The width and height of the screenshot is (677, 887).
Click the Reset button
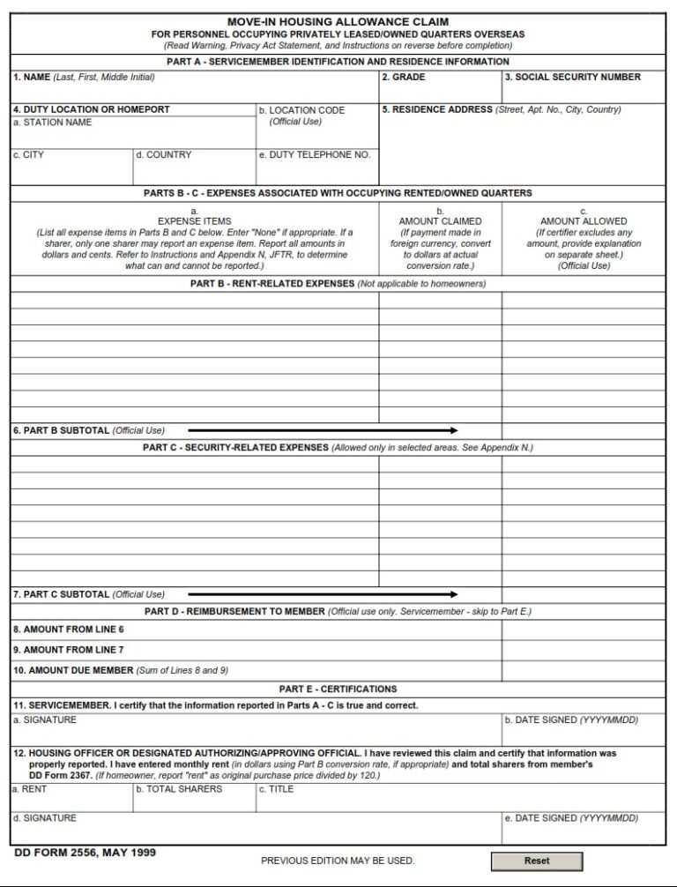(x=536, y=861)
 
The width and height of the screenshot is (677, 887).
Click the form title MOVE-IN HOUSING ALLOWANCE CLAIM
(x=338, y=21)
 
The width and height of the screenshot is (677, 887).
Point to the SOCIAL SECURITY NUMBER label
(x=573, y=78)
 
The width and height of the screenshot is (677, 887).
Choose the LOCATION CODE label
(x=301, y=110)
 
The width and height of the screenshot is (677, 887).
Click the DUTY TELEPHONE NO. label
(x=314, y=155)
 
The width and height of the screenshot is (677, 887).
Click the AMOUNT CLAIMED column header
(x=440, y=221)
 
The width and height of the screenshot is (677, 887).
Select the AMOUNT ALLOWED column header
(x=584, y=221)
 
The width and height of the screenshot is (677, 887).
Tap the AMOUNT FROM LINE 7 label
(x=68, y=650)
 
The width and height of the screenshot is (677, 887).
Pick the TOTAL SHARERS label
(x=179, y=789)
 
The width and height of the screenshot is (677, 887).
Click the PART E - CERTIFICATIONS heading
(x=338, y=689)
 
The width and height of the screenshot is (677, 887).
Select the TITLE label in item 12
(x=276, y=789)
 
